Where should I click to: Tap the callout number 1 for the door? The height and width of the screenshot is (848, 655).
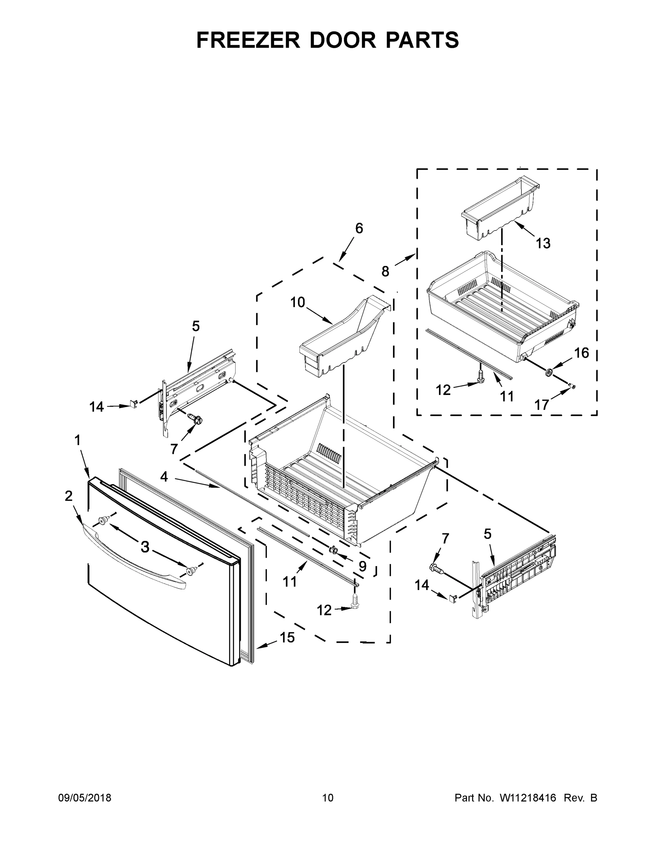pyautogui.click(x=78, y=440)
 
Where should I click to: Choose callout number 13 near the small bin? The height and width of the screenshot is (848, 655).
pyautogui.click(x=543, y=243)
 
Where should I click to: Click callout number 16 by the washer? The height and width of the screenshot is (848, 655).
pyautogui.click(x=581, y=353)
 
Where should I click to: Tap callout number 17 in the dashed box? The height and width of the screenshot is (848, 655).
pyautogui.click(x=542, y=405)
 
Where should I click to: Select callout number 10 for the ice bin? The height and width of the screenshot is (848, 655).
pyautogui.click(x=298, y=302)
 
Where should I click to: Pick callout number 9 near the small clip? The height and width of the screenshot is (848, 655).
pyautogui.click(x=362, y=566)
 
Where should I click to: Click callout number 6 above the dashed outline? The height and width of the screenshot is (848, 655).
pyautogui.click(x=359, y=229)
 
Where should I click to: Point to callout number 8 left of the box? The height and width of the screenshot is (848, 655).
pyautogui.click(x=385, y=271)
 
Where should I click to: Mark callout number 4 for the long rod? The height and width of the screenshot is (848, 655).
pyautogui.click(x=164, y=476)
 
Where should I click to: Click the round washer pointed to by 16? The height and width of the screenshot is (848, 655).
pyautogui.click(x=549, y=372)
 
